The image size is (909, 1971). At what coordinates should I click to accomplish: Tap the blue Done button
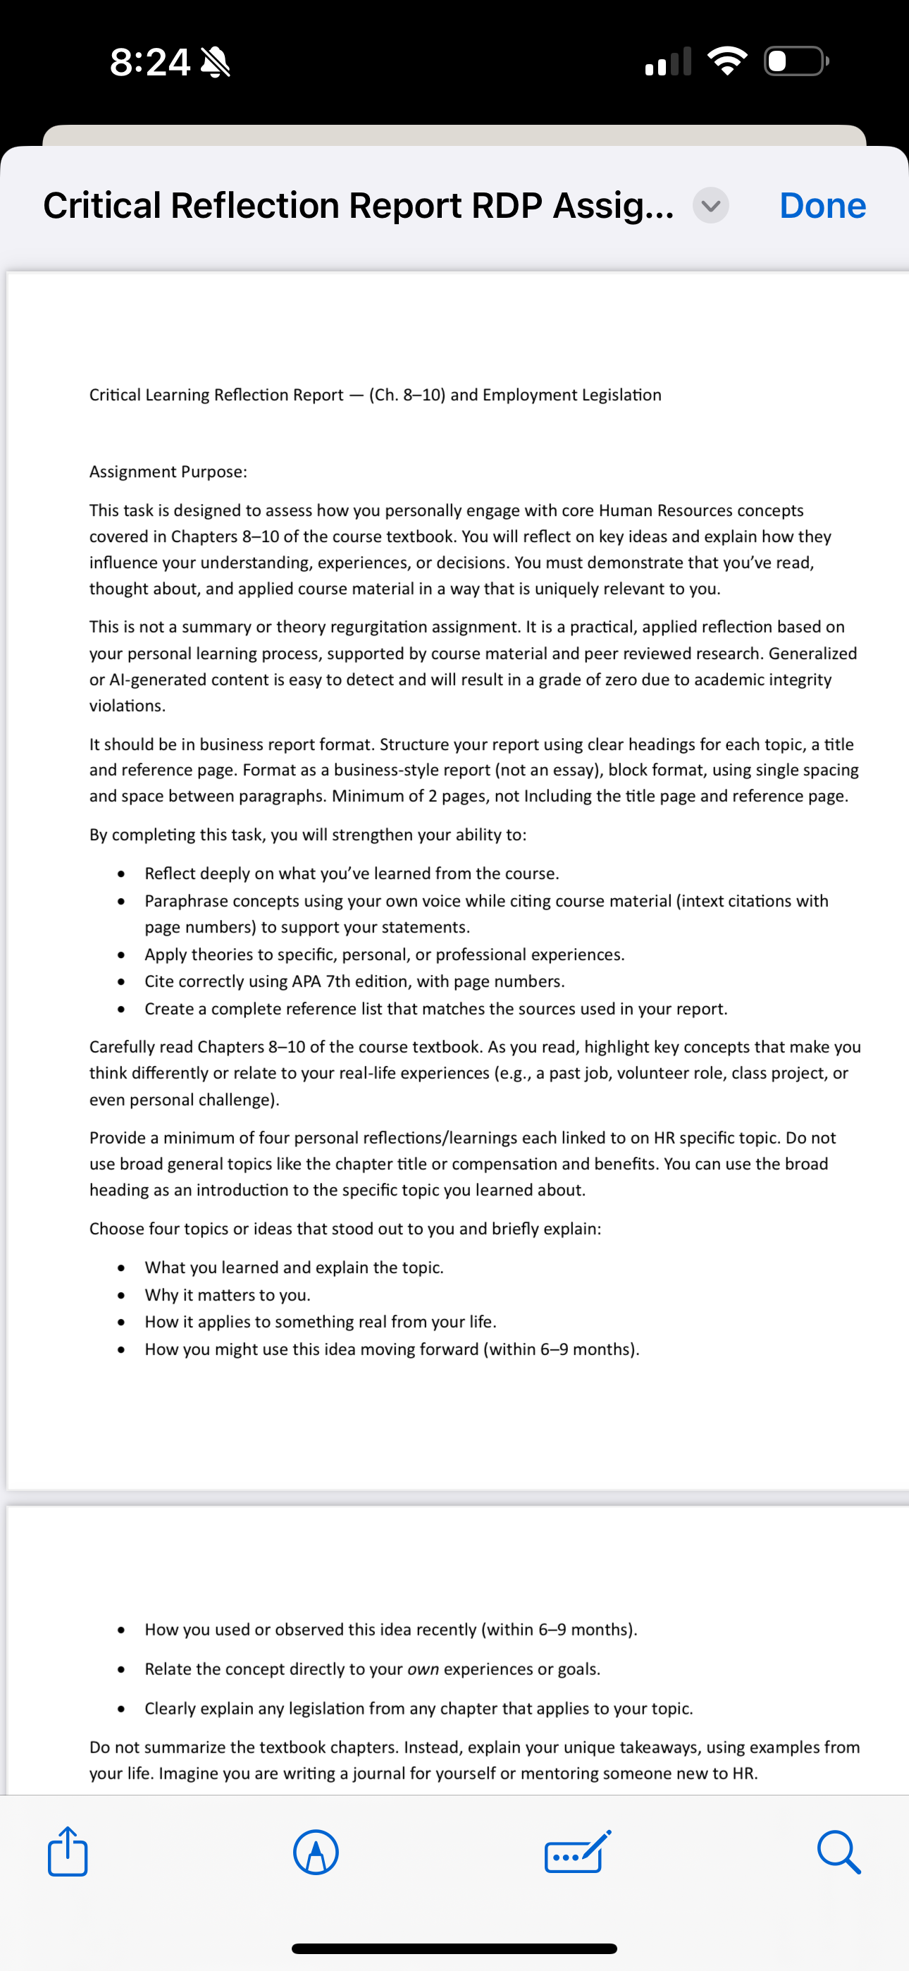822,206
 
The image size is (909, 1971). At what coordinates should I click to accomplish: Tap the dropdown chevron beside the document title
711,206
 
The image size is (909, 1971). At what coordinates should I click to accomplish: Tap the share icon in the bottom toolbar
68,1852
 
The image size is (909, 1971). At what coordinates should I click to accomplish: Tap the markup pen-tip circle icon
316,1853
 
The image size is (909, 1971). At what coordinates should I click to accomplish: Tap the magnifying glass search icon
839,1853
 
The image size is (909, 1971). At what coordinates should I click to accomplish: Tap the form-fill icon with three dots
578,1853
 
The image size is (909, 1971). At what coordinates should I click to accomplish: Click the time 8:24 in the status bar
150,62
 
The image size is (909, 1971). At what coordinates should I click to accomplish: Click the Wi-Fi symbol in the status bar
727,61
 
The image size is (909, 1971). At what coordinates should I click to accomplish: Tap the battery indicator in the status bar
796,61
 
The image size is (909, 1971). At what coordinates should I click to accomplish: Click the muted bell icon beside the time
215,62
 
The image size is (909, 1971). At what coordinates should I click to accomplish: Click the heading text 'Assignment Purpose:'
168,472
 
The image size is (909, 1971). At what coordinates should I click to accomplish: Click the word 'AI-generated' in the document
156,680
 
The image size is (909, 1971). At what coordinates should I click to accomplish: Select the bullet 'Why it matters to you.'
227,1295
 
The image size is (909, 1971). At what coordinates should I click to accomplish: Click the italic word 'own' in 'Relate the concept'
423,1669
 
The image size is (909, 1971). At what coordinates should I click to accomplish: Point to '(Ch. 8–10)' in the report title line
407,395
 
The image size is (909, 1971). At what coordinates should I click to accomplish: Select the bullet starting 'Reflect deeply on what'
351,873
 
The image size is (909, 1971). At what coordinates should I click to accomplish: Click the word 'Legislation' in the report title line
621,395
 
